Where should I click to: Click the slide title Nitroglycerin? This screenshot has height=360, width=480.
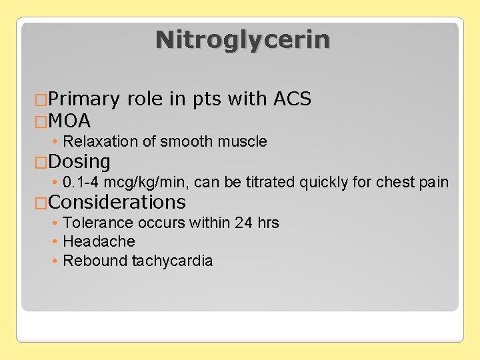tap(242, 40)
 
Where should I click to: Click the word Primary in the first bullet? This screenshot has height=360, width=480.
tap(83, 99)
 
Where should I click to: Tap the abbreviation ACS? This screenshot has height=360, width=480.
tap(293, 99)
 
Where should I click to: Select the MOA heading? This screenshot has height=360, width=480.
tap(69, 121)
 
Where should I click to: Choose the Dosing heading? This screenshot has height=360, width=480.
tap(79, 161)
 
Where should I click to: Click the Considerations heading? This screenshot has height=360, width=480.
tap(117, 201)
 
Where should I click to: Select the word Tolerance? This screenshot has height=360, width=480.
tap(95, 223)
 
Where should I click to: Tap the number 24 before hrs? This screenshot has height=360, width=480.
tap(243, 223)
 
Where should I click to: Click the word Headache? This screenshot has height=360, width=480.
tap(99, 241)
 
